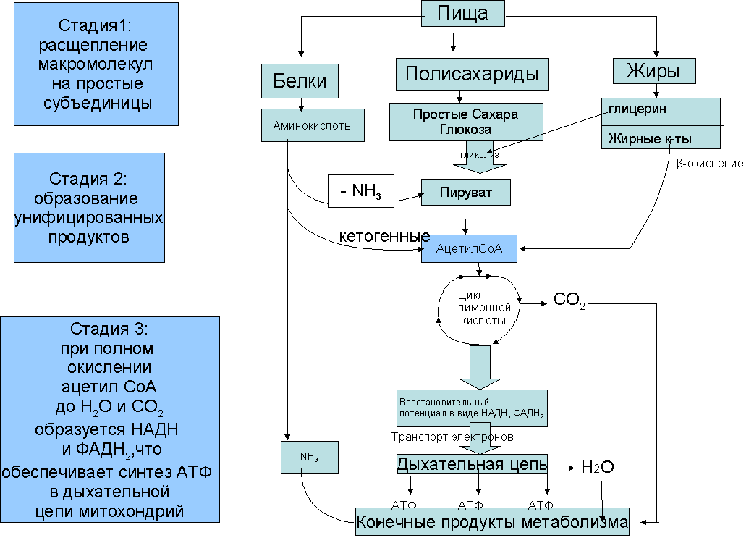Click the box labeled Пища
[463, 13]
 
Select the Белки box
[300, 81]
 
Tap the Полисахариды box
[473, 74]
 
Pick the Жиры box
[654, 71]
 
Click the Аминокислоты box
[313, 125]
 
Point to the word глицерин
[637, 109]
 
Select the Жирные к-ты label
[650, 138]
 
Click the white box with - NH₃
[360, 191]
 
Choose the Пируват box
[465, 193]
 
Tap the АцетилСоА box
[469, 249]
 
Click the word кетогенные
[384, 236]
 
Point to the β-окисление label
[710, 164]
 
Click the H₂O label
[597, 467]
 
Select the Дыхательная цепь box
[472, 464]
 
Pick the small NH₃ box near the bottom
[309, 457]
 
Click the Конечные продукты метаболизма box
[492, 521]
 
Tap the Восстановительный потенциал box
[472, 408]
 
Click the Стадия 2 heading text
[88, 179]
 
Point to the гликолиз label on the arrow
[480, 155]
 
